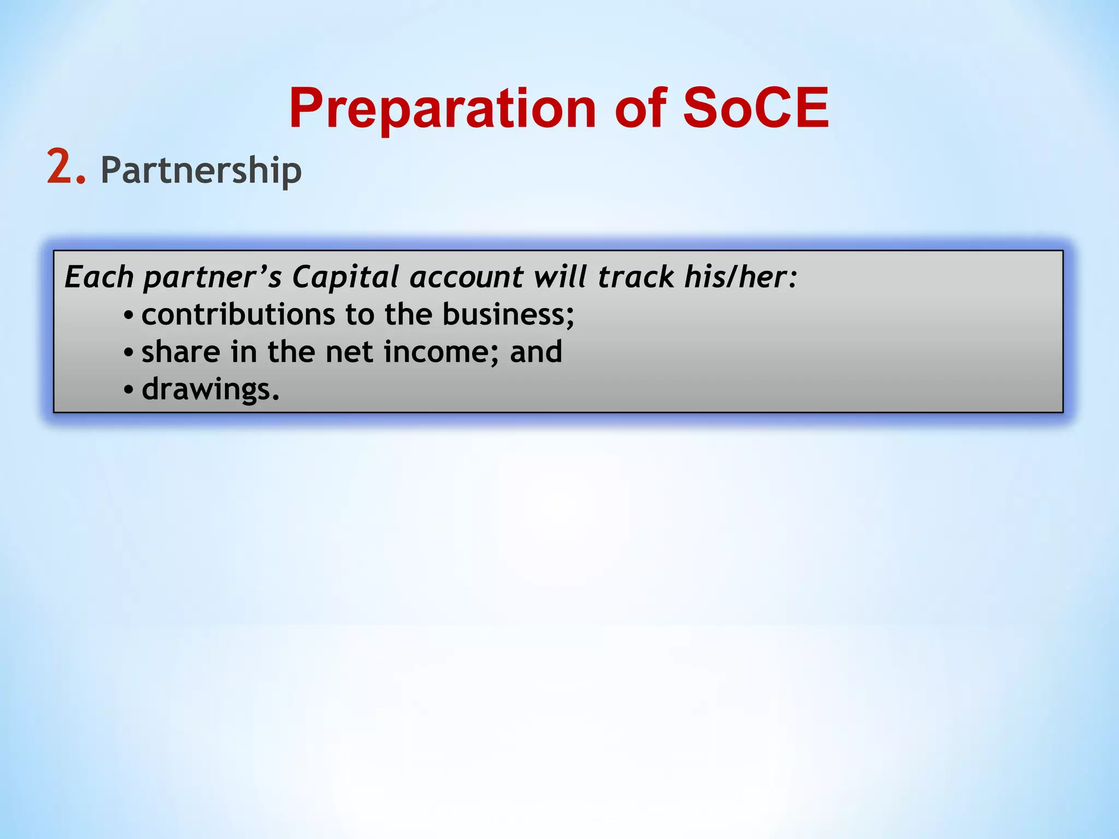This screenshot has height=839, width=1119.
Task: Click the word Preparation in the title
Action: tap(443, 109)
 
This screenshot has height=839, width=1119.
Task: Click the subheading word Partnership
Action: tap(201, 171)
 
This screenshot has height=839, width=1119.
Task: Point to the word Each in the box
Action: tap(99, 276)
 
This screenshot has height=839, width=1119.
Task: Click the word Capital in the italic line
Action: tap(345, 276)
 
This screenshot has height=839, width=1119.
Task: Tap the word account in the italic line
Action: tap(467, 277)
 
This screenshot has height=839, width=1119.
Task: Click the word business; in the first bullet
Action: tap(508, 316)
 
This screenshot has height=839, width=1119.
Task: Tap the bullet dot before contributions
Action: tap(128, 316)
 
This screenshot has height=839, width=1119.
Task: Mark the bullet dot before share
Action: tap(128, 353)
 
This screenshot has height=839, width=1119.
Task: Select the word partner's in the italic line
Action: tap(213, 277)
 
